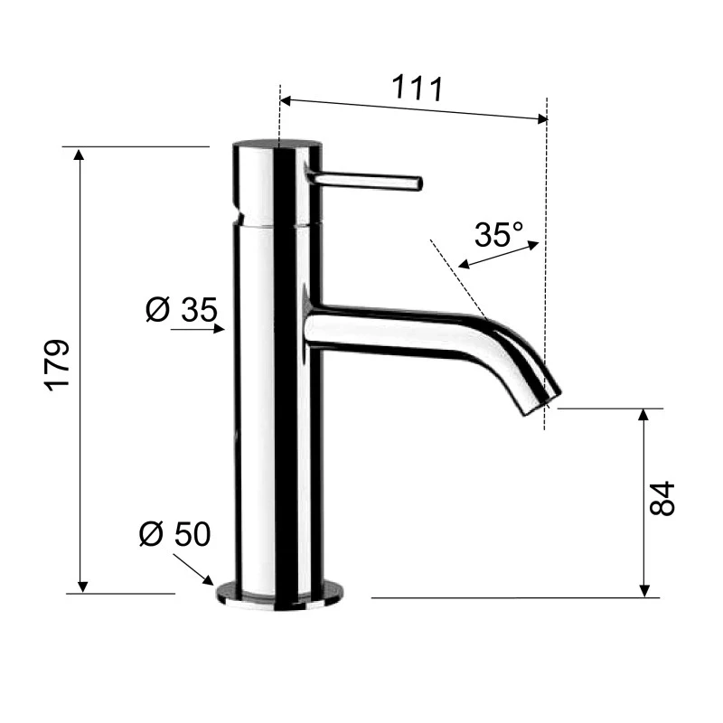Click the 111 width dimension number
417,89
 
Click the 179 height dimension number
58,366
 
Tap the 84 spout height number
662,498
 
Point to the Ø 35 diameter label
181,310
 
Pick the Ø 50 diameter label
174,534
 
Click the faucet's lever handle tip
417,183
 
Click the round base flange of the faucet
280,594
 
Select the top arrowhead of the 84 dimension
644,415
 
